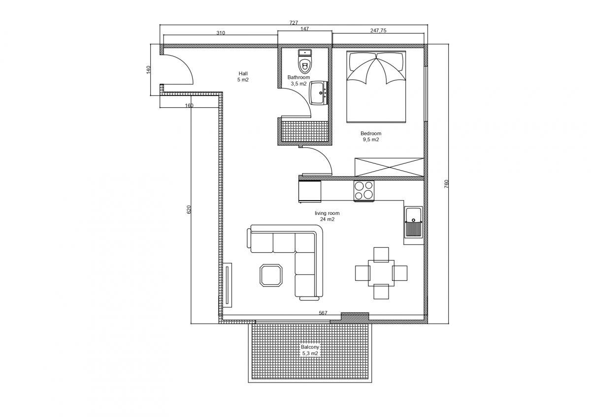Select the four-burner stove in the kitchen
click(364, 191)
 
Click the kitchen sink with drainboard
click(413, 222)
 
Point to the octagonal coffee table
click(271, 275)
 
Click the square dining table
click(381, 273)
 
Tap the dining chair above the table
click(381, 254)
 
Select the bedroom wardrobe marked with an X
click(389, 167)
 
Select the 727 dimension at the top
click(294, 23)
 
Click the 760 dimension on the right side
click(446, 183)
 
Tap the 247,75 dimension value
click(378, 30)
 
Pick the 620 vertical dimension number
click(189, 209)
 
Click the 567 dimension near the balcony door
click(323, 313)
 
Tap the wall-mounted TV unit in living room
click(227, 285)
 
